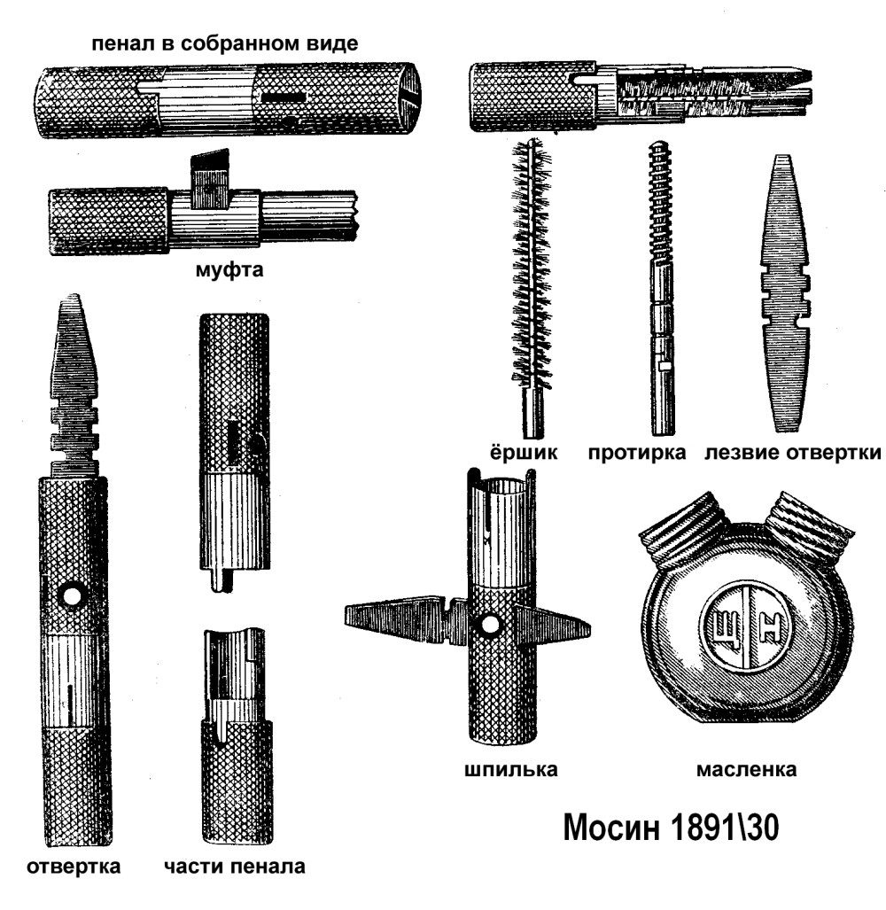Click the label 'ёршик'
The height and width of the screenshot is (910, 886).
coord(523,452)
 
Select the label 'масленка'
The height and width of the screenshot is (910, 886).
coord(746,769)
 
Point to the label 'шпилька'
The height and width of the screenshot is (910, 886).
coord(510,769)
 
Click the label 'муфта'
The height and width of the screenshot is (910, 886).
coord(229,270)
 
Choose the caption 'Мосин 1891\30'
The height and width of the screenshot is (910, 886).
coord(671,828)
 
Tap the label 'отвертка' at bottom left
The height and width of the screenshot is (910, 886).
coord(74,867)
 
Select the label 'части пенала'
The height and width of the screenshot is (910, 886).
coord(235,867)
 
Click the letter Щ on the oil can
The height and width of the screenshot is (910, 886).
coord(725,628)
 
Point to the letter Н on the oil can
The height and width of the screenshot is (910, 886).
coord(769,628)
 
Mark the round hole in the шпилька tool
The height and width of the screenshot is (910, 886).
coord(490,625)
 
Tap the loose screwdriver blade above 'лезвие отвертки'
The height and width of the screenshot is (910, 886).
coord(784,293)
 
